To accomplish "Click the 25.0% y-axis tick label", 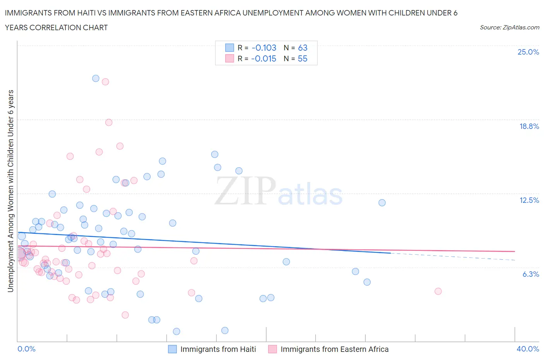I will pyautogui.click(x=528, y=52).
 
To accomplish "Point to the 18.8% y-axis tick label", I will pyautogui.click(x=529, y=126).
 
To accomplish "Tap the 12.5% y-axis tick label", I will pyautogui.click(x=529, y=200).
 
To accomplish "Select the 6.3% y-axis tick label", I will pyautogui.click(x=530, y=274).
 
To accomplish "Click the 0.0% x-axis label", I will pyautogui.click(x=26, y=349).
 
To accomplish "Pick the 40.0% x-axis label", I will pyautogui.click(x=528, y=349).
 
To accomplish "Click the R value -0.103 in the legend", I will pyautogui.click(x=264, y=48).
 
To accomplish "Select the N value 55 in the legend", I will pyautogui.click(x=303, y=58).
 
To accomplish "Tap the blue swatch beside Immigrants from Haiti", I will pyautogui.click(x=172, y=349).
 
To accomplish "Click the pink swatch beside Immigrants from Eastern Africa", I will pyautogui.click(x=272, y=349).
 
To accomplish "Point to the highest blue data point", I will pyautogui.click(x=96, y=78).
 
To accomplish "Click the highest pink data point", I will pyautogui.click(x=105, y=82).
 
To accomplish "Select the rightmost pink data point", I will pyautogui.click(x=438, y=291).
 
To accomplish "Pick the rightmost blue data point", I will pyautogui.click(x=382, y=202).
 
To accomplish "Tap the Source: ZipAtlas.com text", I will pyautogui.click(x=509, y=27).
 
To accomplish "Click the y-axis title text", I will pyautogui.click(x=10, y=191).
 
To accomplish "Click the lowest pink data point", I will pyautogui.click(x=125, y=315).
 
